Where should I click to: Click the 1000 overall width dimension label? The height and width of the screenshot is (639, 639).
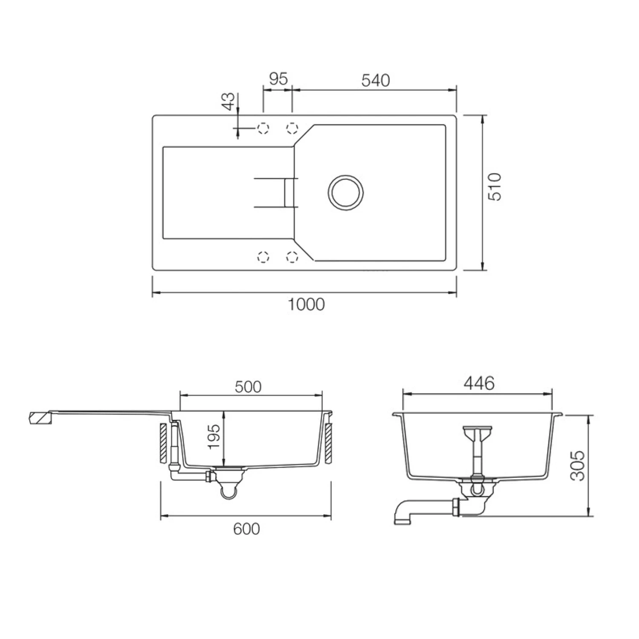point(306,305)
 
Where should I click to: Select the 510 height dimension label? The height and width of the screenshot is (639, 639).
point(495,187)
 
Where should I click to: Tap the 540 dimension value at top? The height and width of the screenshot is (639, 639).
point(375,80)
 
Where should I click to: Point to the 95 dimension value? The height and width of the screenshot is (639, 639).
point(279,79)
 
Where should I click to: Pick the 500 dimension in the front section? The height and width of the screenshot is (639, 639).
point(248,386)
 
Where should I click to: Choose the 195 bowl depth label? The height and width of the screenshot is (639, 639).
point(214,436)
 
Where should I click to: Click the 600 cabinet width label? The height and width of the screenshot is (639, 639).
point(246,529)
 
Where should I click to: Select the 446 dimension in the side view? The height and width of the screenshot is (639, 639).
point(479,384)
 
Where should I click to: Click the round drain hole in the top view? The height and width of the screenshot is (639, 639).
point(345,193)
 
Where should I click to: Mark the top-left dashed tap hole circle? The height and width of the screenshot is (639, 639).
point(263,128)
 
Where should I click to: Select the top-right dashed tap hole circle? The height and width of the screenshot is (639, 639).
point(292,128)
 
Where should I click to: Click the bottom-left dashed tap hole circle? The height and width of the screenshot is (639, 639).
point(263,257)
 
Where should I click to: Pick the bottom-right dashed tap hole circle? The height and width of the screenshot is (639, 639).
point(292,257)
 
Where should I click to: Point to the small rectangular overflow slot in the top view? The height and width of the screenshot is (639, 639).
point(289,193)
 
